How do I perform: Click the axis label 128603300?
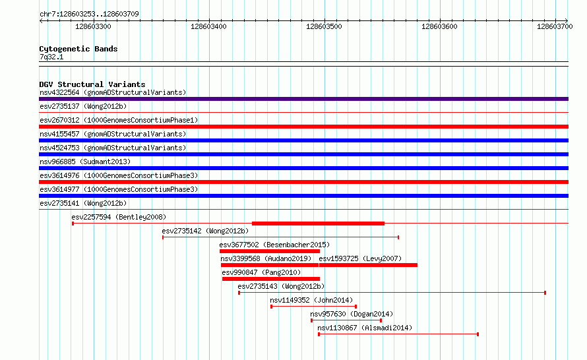click(93, 26)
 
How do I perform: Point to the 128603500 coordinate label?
click(324, 26)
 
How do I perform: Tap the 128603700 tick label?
click(555, 26)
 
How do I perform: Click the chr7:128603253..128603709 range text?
click(89, 14)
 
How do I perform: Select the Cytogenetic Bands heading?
click(78, 49)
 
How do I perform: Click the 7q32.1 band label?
click(51, 57)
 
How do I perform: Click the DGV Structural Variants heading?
click(92, 84)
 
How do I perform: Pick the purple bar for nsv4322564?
click(303, 99)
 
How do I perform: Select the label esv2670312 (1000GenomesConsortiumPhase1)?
click(119, 120)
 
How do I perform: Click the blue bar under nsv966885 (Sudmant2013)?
click(303, 168)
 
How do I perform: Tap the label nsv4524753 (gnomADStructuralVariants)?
click(113, 148)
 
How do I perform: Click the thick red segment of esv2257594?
click(318, 224)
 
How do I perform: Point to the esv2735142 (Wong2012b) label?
click(205, 231)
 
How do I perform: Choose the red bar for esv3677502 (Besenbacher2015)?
click(270, 251)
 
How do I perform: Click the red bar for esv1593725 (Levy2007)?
click(368, 265)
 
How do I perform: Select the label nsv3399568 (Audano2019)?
click(266, 258)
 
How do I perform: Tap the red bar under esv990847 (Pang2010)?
click(271, 279)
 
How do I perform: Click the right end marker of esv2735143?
click(545, 293)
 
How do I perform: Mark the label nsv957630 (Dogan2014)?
click(352, 314)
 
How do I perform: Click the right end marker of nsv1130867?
click(478, 334)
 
